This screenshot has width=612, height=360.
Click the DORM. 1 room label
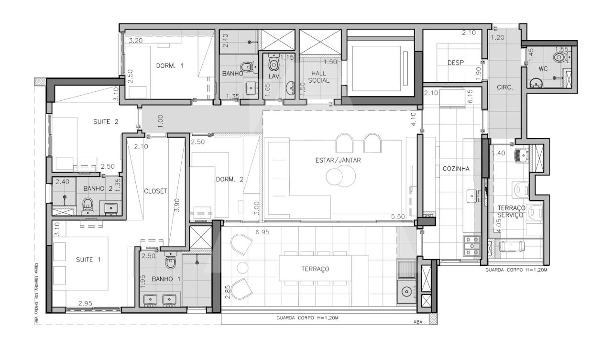[x=170, y=65]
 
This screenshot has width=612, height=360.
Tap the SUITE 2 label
[x=106, y=122]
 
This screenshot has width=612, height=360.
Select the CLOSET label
[x=155, y=191]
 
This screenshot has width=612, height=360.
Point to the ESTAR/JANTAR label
[x=338, y=160]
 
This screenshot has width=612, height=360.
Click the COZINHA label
[x=456, y=169]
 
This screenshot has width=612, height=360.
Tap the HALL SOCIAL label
[x=319, y=77]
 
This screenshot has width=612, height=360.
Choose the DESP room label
[x=456, y=63]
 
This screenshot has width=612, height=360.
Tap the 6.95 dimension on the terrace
[x=262, y=232]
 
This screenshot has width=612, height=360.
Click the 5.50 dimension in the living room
[x=398, y=217]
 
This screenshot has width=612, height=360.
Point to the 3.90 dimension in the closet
[x=177, y=205]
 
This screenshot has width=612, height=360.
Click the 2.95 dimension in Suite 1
[x=85, y=303]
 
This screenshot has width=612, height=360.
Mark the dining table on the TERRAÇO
[x=315, y=268]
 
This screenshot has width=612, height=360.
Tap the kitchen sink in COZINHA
[x=472, y=196]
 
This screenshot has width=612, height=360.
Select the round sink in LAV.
[x=290, y=87]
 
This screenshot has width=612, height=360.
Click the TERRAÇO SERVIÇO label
[x=510, y=211]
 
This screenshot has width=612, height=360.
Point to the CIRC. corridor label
[x=504, y=87]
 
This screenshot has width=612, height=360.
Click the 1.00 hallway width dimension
[x=161, y=121]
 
